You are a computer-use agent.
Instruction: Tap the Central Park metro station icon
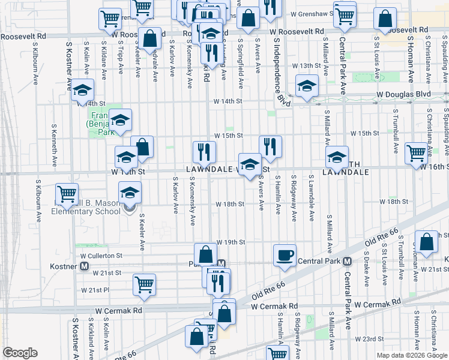[348, 261]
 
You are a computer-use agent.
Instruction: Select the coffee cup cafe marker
[285, 255]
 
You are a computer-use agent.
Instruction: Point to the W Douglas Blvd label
[403, 95]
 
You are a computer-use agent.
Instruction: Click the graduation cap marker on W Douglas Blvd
[306, 86]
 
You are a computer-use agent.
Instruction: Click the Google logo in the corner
[20, 353]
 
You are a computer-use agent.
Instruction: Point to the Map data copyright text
[411, 355]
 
